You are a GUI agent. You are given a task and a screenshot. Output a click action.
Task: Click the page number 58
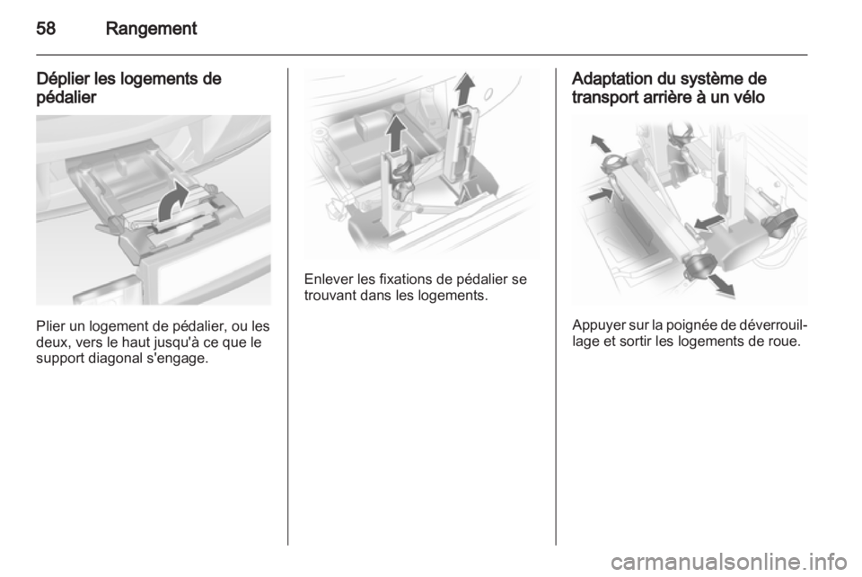pyautogui.click(x=46, y=28)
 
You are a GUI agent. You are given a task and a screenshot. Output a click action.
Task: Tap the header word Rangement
pyautogui.click(x=151, y=28)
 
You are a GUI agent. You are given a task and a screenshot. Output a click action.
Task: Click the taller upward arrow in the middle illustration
pyautogui.click(x=465, y=88)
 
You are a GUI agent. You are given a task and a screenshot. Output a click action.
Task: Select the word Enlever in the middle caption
pyautogui.click(x=329, y=280)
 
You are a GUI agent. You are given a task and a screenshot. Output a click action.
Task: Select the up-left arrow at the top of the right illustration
pyautogui.click(x=601, y=144)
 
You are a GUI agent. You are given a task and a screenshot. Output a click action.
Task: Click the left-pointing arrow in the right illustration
pyautogui.click(x=708, y=222)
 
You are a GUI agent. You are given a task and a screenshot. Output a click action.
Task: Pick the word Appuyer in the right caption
pyautogui.click(x=595, y=325)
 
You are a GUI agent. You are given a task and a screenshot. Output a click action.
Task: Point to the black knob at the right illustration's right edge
pyautogui.click(x=782, y=223)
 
